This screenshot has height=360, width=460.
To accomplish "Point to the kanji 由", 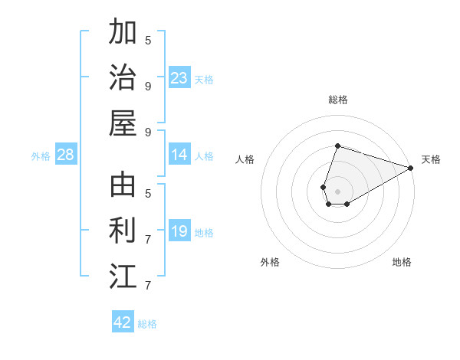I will point(123,185).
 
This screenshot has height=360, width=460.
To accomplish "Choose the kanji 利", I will point(123,231).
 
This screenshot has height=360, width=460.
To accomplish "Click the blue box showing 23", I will point(179,78).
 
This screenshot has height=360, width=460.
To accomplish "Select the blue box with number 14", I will point(179,155).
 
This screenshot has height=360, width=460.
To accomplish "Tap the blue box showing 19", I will point(179,231).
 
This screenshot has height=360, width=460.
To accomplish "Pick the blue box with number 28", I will point(66,155).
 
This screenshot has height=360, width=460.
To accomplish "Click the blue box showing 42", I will point(123,322).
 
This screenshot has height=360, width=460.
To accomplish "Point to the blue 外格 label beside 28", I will point(41,156).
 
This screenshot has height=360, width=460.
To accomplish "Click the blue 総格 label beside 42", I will point(147,324).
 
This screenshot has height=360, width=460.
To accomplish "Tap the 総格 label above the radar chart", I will point(338,100).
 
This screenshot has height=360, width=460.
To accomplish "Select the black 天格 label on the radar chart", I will point(431,159).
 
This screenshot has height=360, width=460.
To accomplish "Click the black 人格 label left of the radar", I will point(245,159).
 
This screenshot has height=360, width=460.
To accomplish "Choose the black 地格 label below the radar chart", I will point(402,262).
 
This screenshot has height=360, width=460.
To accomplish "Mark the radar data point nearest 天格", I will point(411,168).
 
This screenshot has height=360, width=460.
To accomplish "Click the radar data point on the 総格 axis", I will point(337,146).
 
